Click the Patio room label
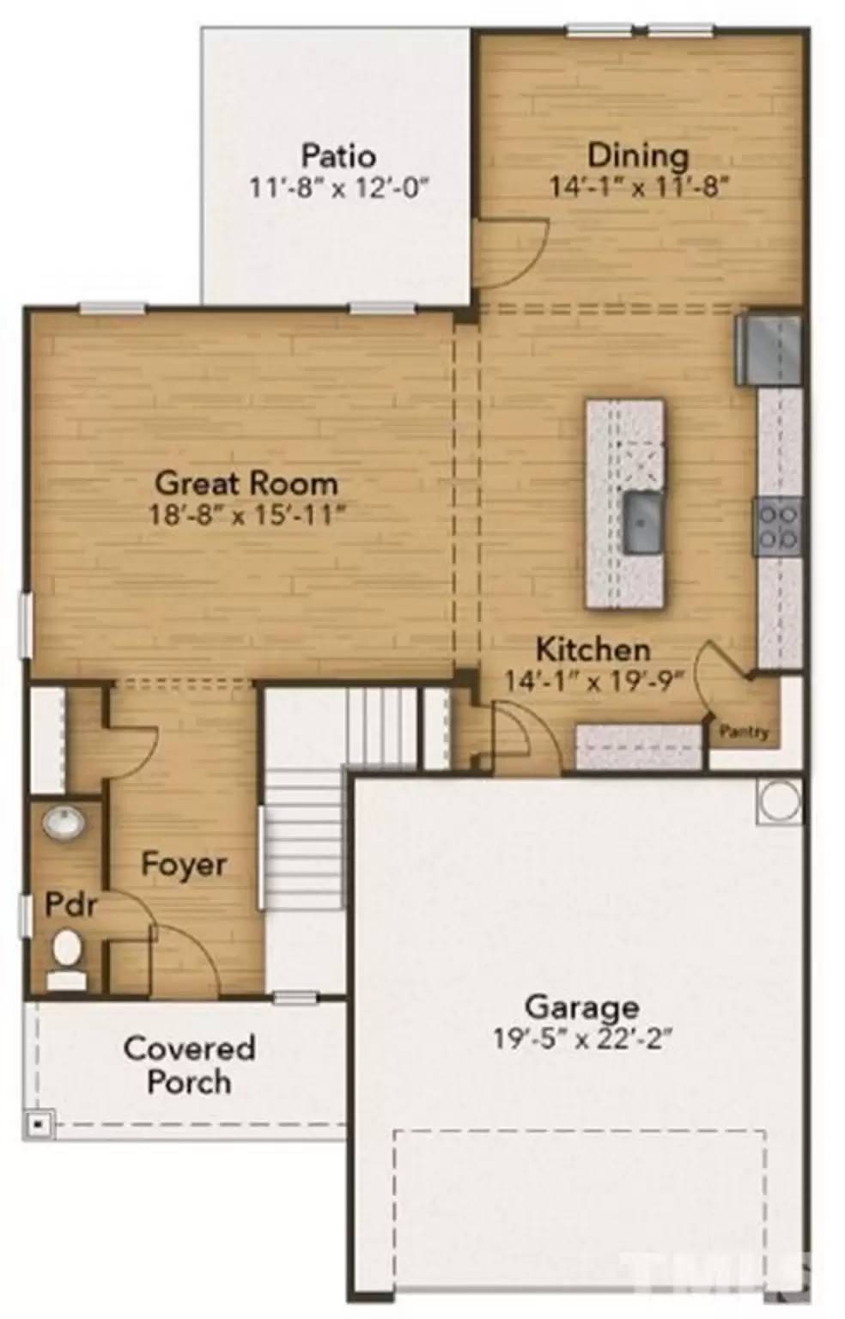pos(337,155)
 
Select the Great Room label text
pos(246,483)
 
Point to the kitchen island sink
pos(642,521)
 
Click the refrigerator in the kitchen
pos(769,350)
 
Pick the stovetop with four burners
pos(777,526)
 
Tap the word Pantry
pos(744,732)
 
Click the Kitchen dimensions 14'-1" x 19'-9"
pos(593,681)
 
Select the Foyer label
pos(184,864)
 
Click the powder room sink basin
pos(64,823)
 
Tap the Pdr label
pos(70,904)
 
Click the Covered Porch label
pos(189,1065)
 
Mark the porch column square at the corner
pos(37,1122)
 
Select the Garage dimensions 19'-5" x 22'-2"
pos(581,1039)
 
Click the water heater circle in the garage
pos(780,800)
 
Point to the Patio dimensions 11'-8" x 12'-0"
pos(337,186)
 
